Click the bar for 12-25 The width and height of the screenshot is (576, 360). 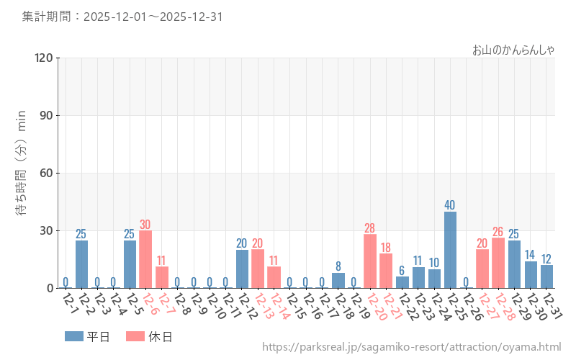click(450, 250)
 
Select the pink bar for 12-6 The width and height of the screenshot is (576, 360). click(145, 259)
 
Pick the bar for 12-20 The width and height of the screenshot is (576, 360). click(370, 261)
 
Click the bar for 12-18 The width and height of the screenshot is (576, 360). click(338, 280)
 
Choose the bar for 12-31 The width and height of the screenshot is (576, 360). click(546, 276)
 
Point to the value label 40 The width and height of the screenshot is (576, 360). click(450, 205)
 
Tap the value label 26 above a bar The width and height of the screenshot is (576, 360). click(498, 232)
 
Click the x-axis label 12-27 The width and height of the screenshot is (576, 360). click(487, 306)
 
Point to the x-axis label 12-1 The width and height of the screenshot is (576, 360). click(71, 302)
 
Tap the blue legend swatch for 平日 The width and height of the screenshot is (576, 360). click(73, 336)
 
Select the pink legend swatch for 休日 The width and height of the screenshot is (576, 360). click(135, 336)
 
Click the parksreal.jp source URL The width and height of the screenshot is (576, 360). click(411, 348)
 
